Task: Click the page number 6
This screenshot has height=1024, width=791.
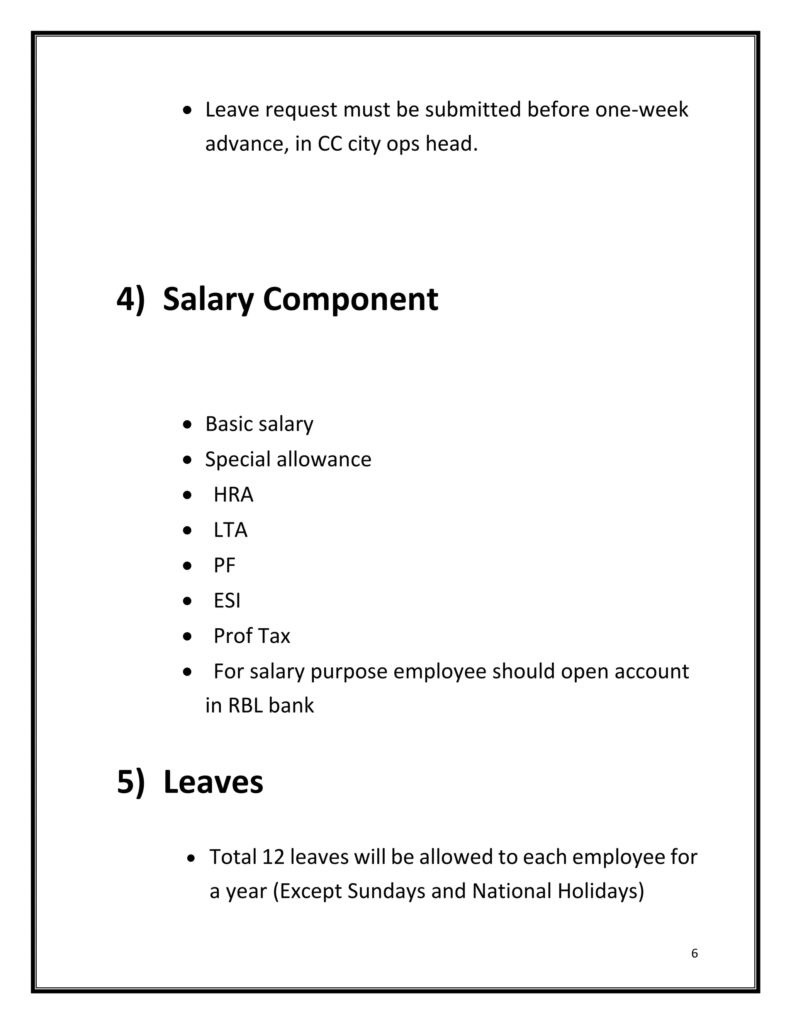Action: pos(694,953)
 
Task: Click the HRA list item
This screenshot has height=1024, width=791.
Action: pos(233,495)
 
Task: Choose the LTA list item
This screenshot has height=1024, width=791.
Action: pos(231,530)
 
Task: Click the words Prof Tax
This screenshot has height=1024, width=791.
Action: pos(252,636)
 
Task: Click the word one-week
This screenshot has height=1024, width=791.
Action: pos(642,110)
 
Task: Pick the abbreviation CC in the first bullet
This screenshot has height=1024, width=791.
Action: pos(329,144)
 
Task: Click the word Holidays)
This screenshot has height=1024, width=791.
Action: pos(601,891)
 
